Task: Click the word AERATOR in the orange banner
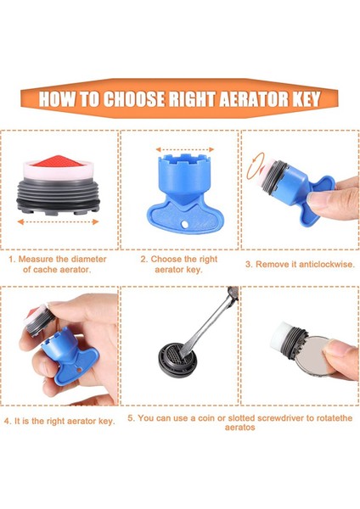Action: (x=254, y=98)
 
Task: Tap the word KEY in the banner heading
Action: (x=307, y=98)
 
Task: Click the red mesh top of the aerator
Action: (x=58, y=161)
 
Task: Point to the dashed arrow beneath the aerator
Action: (x=58, y=222)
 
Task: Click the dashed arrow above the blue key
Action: (x=185, y=149)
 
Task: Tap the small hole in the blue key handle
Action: (x=184, y=224)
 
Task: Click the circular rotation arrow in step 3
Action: (x=255, y=166)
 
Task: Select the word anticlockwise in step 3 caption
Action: (x=327, y=264)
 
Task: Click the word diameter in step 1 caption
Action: (x=88, y=259)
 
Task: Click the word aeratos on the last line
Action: (x=239, y=428)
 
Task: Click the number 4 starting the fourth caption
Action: (x=8, y=422)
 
